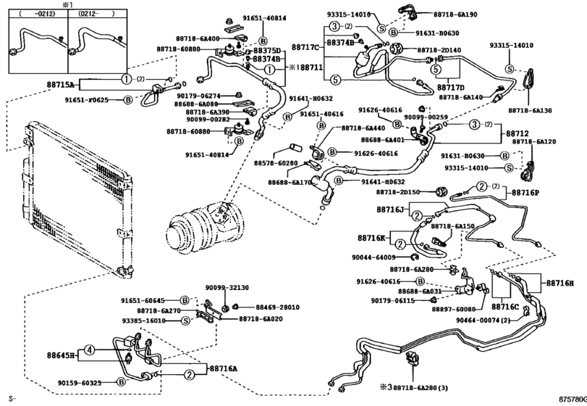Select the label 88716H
(559, 283)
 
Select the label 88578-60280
(275, 163)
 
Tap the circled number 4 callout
(88, 349)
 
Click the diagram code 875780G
(570, 399)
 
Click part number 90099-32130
(226, 287)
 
